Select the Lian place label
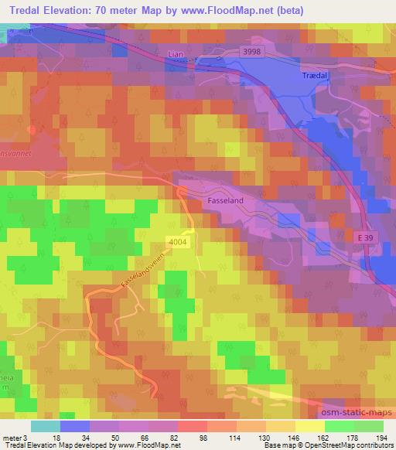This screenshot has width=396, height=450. tap(176, 55)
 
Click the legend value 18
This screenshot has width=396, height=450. tap(46, 438)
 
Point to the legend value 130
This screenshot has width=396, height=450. tap(254, 438)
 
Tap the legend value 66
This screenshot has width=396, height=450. tap(135, 438)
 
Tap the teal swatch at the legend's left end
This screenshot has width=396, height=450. tap(46, 426)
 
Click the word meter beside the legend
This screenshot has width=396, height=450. tap(13, 438)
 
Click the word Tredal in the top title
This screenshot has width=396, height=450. tap(25, 11)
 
